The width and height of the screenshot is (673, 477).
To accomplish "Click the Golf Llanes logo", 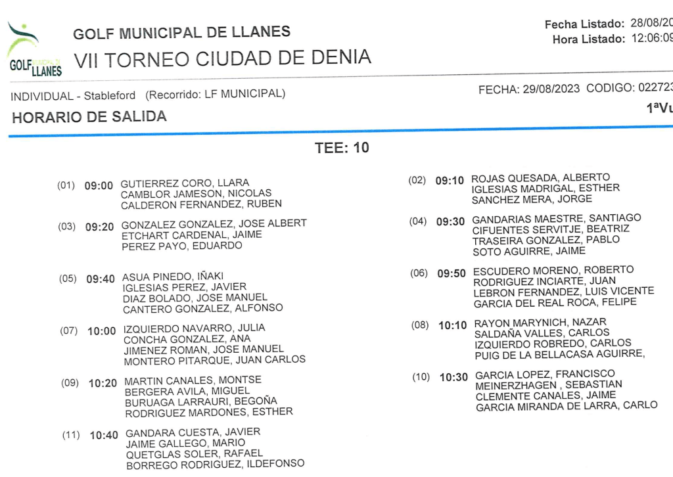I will pos(34,51).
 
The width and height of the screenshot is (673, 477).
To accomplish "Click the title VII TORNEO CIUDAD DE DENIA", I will pos(222,58).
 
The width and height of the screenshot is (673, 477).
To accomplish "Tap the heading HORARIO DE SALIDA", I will pos(89,118).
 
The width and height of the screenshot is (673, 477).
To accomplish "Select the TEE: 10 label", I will pos(342,148).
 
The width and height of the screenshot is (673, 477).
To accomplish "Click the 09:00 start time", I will pos(99,186).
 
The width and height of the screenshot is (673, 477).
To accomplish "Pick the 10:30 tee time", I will pos(453,377).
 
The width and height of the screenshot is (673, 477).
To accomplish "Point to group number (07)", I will pos(69,330).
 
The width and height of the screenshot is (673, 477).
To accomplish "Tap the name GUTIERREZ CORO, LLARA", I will pos(185,183).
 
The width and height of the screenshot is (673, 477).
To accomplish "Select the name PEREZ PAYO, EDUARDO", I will pos(182,246).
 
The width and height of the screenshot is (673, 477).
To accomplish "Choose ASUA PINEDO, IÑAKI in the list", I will pos(172,277).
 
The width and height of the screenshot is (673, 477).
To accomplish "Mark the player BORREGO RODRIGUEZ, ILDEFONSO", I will pos(215,465).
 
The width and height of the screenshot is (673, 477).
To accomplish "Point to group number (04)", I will pos(418,221).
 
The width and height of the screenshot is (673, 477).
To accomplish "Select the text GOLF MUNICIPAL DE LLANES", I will pos(181,33).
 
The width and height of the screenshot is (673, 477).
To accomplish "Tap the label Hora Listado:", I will pos(588,39).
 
